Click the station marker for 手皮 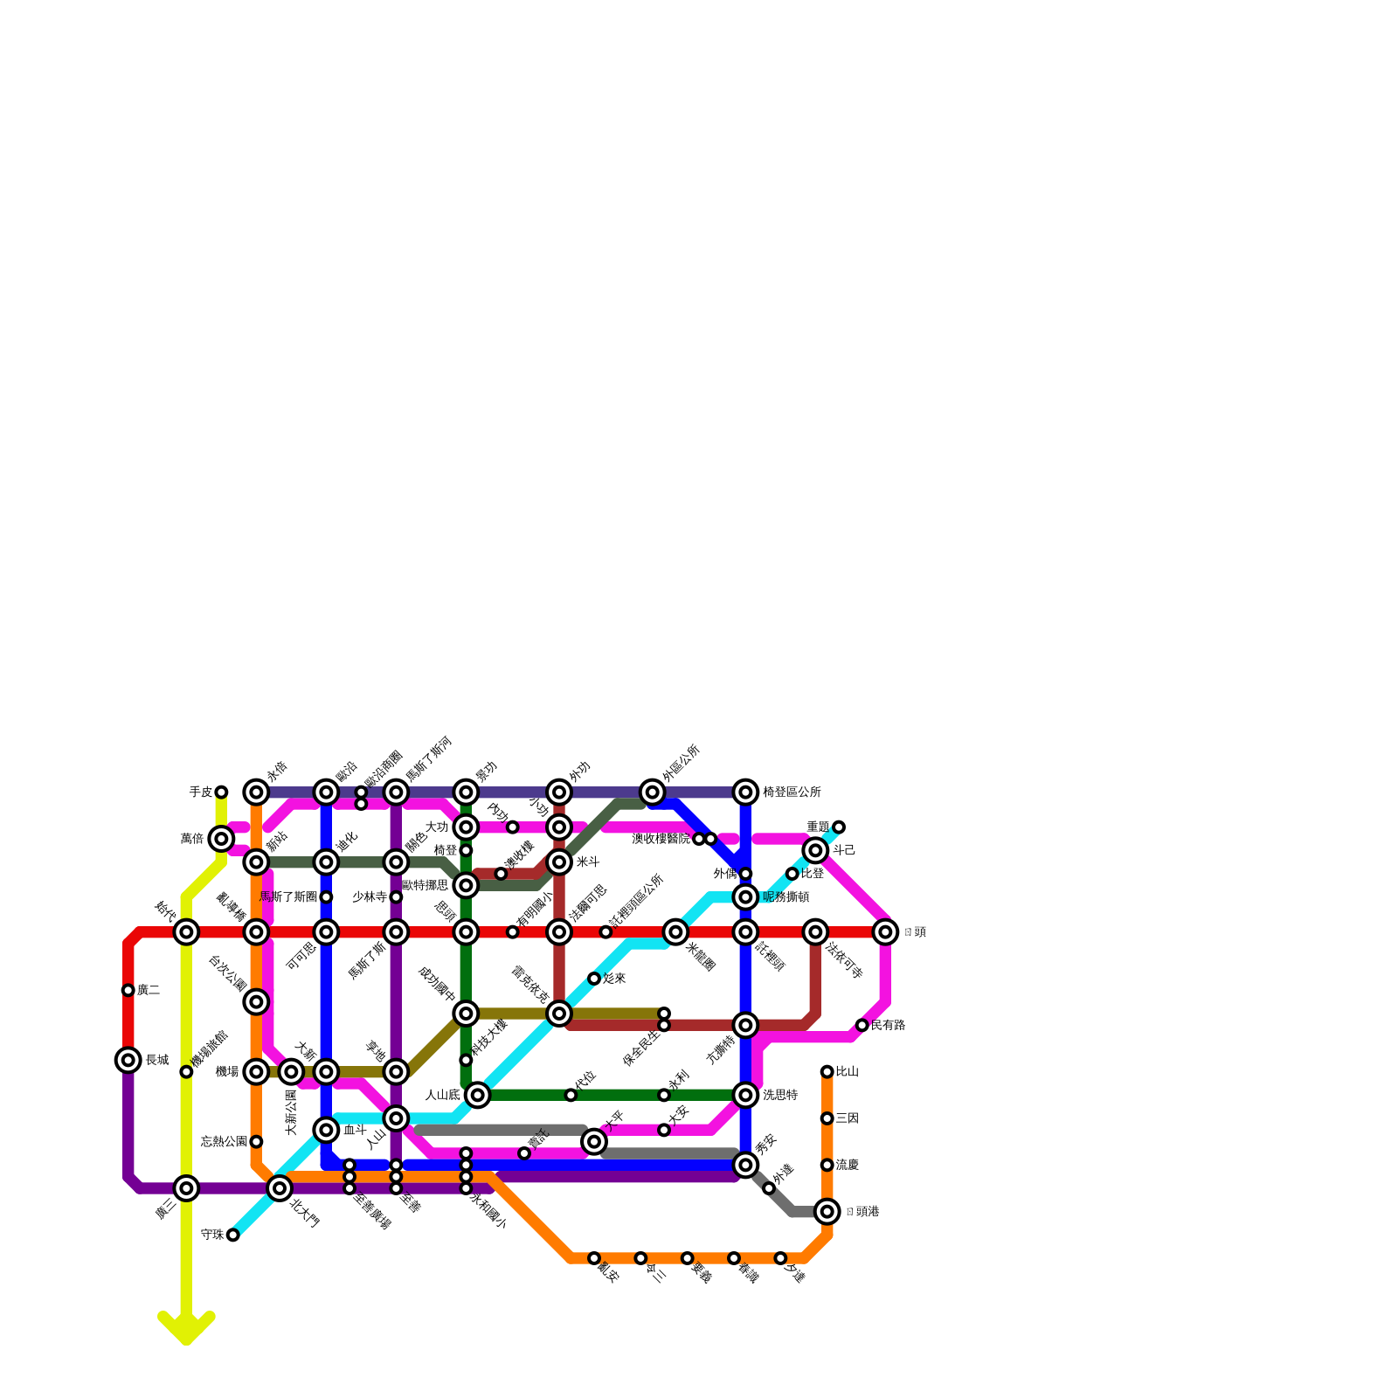coord(221,792)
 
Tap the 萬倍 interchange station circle coord(221,839)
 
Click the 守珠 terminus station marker coord(232,1235)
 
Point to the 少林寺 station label coord(370,897)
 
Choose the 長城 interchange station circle coord(128,1060)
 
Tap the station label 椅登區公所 coord(792,792)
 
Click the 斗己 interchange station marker coord(815,850)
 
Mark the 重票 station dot coord(839,827)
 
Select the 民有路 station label coord(888,1025)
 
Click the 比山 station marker coord(827,1071)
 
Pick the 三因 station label coord(847,1118)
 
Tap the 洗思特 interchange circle coord(745,1095)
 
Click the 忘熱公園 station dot coord(256,1141)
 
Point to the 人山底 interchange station coord(477,1095)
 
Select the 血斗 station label coord(355,1130)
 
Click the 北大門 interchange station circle coord(280,1188)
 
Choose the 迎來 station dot coord(594,979)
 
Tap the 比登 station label coord(813,874)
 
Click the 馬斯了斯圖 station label coord(288,897)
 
